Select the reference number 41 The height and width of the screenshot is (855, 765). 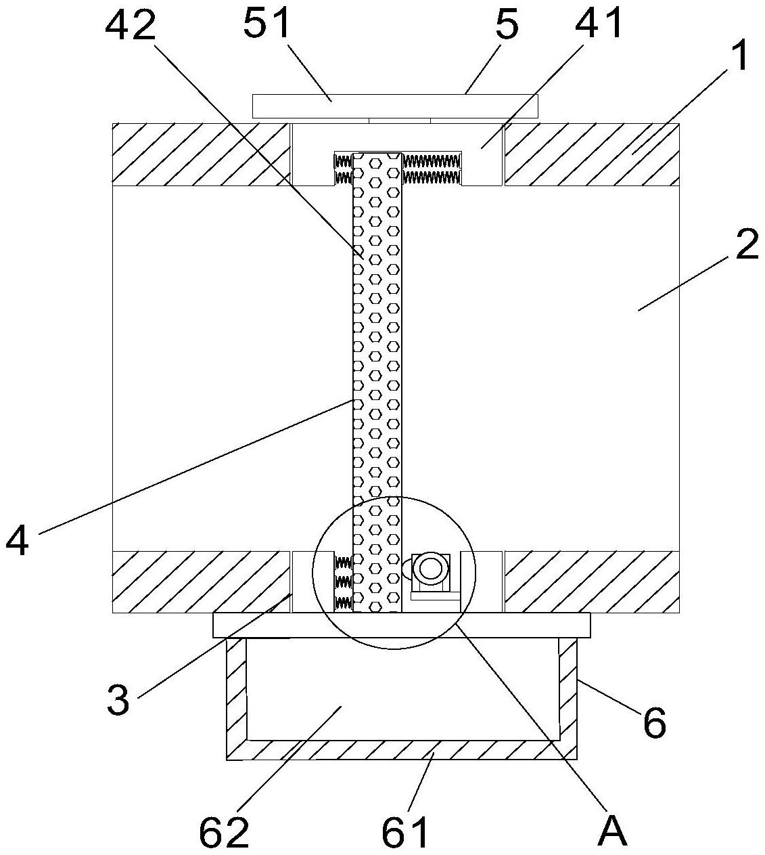[599, 26]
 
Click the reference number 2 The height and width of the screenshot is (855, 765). [747, 245]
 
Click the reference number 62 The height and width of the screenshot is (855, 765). [224, 831]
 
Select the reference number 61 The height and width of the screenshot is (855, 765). [405, 831]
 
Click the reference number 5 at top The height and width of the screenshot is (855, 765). [506, 26]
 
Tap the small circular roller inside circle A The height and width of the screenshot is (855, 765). [430, 569]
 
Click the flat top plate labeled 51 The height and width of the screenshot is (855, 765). [395, 106]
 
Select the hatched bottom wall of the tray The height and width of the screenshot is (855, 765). [402, 749]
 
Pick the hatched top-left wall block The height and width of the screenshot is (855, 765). [200, 154]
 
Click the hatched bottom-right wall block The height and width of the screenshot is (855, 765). [591, 582]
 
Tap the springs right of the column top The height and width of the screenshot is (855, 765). [432, 169]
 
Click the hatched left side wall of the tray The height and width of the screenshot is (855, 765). [236, 697]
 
